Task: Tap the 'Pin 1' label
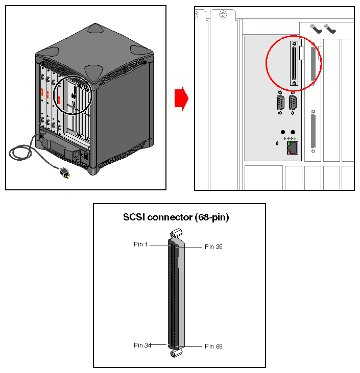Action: point(140,244)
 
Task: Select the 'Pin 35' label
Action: point(213,247)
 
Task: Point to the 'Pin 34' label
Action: point(142,345)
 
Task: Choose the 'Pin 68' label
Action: point(213,346)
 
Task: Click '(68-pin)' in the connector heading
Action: point(210,217)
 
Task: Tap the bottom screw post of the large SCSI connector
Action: point(176,353)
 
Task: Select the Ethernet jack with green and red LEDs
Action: point(293,147)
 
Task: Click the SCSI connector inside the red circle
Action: point(294,64)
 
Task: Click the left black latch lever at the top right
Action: point(317,29)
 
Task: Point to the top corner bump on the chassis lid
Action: point(96,28)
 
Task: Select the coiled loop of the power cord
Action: point(20,153)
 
